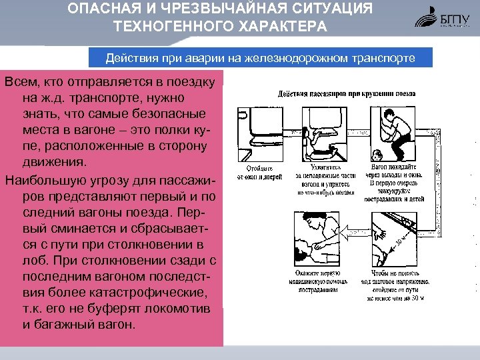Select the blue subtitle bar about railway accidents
point(260,58)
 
